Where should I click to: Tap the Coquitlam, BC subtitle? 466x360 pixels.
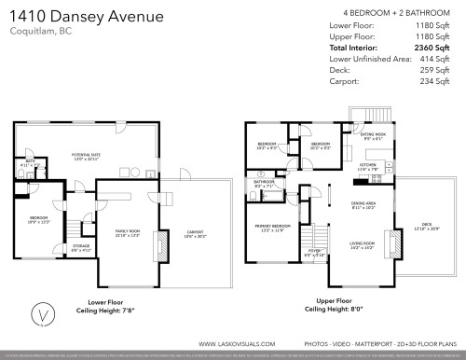[40, 35]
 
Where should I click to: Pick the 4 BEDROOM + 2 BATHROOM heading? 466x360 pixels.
[400, 12]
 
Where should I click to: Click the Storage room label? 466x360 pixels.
[82, 247]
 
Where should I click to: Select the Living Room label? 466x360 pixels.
[362, 243]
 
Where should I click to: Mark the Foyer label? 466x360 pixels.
[314, 250]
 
